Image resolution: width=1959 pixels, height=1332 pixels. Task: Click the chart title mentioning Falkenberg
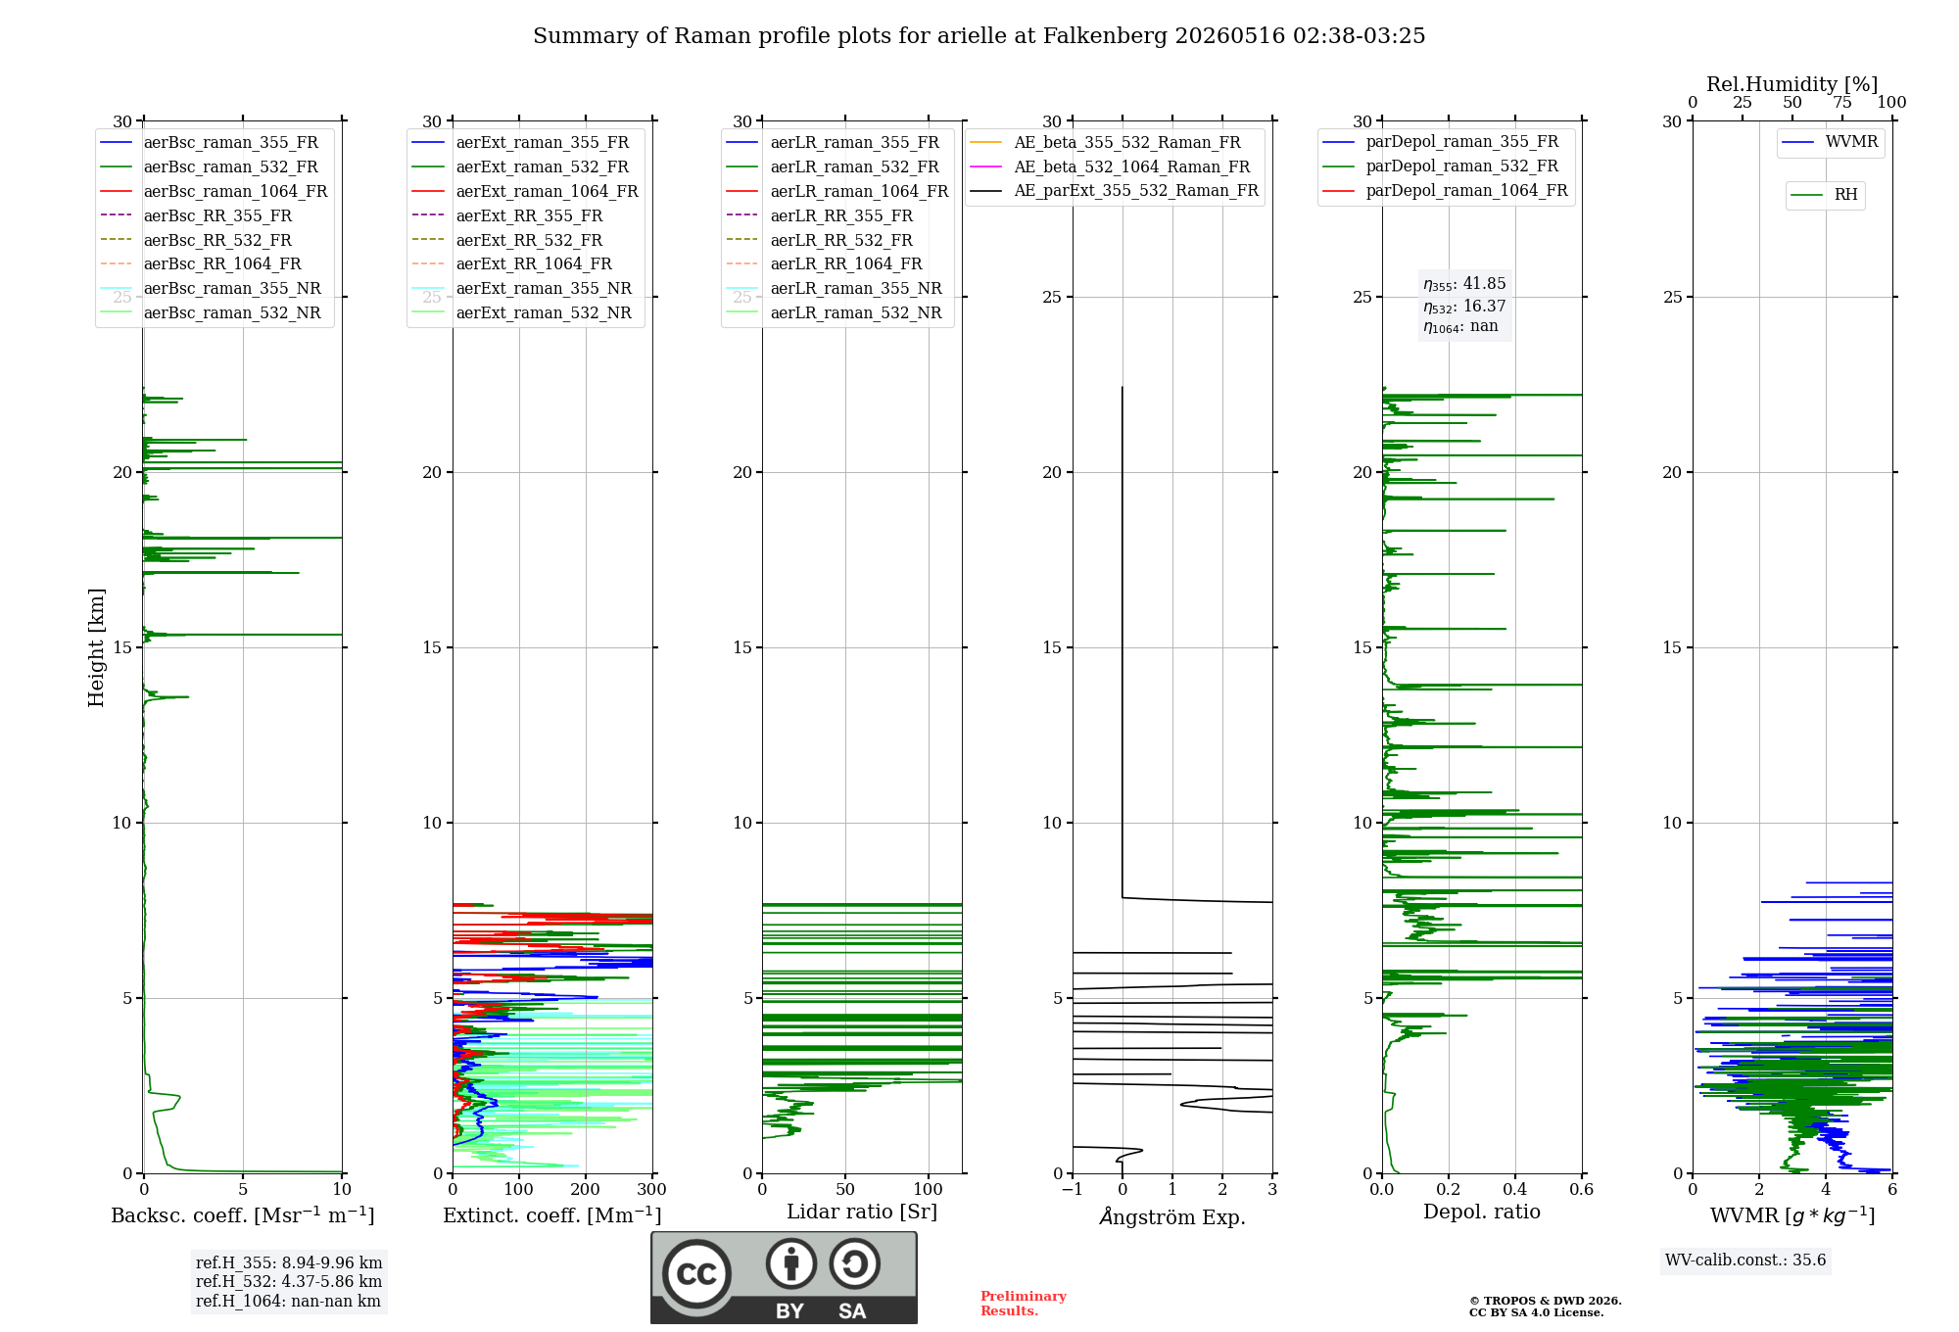tap(979, 36)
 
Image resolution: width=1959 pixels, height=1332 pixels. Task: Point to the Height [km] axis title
tap(96, 647)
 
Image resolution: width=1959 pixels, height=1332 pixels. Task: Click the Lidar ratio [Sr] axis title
tap(862, 1212)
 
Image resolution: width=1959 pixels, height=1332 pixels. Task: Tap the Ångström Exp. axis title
tap(1172, 1216)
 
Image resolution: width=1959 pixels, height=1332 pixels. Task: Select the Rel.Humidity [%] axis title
tap(1792, 84)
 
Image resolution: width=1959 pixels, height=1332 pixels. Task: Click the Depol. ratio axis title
tap(1482, 1212)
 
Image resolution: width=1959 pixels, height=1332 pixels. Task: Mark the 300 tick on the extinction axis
tap(651, 1190)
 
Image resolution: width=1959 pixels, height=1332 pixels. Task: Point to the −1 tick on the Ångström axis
tap(1073, 1190)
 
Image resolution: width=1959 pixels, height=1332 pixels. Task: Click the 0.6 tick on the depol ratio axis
tap(1582, 1190)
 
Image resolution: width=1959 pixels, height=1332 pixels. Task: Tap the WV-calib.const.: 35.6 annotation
tap(1745, 1261)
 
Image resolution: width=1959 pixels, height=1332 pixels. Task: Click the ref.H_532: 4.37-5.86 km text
tap(289, 1281)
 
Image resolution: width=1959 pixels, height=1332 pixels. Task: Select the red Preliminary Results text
tap(1024, 1304)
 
